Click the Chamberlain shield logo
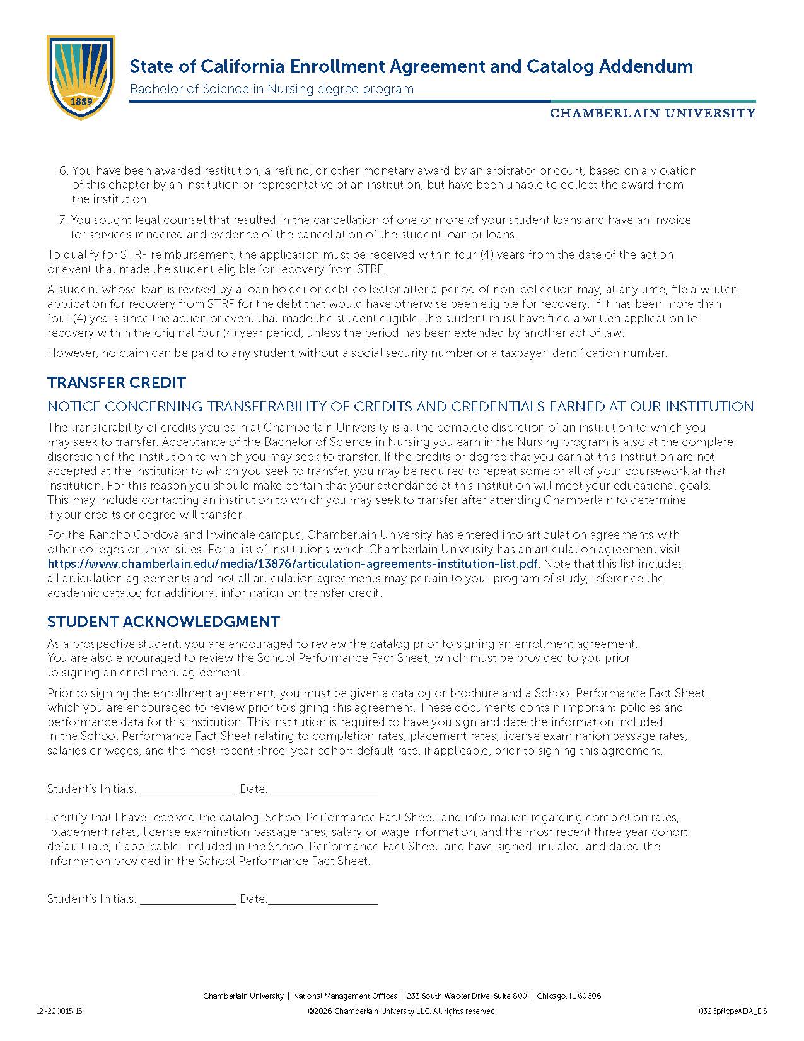tap(81, 77)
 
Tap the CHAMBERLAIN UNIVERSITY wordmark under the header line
tap(653, 113)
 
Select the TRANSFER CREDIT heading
tap(117, 383)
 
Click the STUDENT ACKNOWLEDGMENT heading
tap(163, 621)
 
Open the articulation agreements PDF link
tap(293, 563)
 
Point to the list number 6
tap(63, 171)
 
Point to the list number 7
tap(63, 220)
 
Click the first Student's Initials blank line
tap(188, 790)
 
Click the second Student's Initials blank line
tap(188, 900)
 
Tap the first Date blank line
tap(323, 790)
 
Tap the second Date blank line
tap(323, 900)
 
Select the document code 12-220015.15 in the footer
tap(59, 1011)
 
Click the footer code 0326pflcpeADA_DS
tap(733, 1011)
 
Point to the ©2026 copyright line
tap(402, 1011)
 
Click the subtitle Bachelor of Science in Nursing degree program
tap(272, 89)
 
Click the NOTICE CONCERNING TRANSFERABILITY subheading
tap(400, 406)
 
